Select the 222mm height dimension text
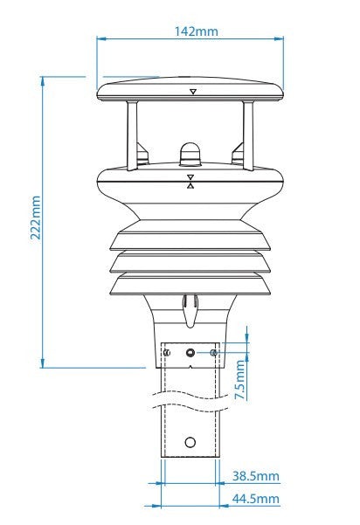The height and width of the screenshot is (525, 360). (36, 218)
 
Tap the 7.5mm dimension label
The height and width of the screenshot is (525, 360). (241, 382)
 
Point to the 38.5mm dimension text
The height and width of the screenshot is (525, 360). (256, 478)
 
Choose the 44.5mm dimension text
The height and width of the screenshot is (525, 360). (256, 499)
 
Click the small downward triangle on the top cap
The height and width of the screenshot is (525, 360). (191, 91)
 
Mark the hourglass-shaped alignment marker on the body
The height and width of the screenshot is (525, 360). (190, 181)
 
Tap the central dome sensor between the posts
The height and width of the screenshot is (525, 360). (190, 154)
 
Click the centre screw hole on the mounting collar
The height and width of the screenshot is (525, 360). (190, 352)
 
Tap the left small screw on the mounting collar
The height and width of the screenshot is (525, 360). (167, 352)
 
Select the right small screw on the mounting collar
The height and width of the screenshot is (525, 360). (213, 352)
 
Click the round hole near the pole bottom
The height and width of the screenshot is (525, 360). (190, 442)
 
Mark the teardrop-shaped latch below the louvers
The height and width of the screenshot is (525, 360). (190, 307)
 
